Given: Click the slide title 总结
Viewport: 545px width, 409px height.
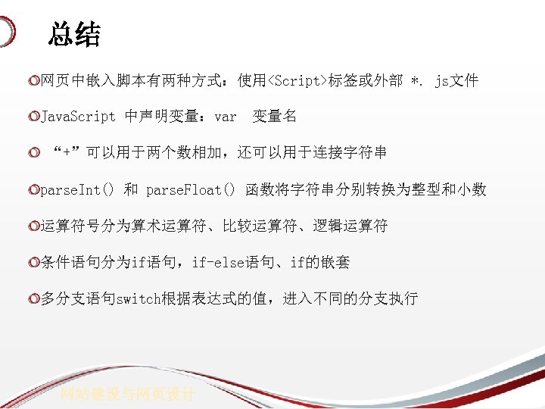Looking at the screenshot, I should [74, 34].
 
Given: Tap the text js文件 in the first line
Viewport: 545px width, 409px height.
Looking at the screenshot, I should [456, 80].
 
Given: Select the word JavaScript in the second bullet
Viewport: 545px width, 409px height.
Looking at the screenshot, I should [78, 117].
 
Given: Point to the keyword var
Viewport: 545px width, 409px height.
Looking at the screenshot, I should [226, 117].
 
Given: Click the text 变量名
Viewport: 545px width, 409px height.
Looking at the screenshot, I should [274, 117].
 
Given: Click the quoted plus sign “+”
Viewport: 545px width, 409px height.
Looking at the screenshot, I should [67, 153].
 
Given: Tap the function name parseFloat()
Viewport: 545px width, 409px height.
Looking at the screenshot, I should [191, 189].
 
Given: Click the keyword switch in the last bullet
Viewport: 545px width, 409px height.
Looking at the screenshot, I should [139, 298].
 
